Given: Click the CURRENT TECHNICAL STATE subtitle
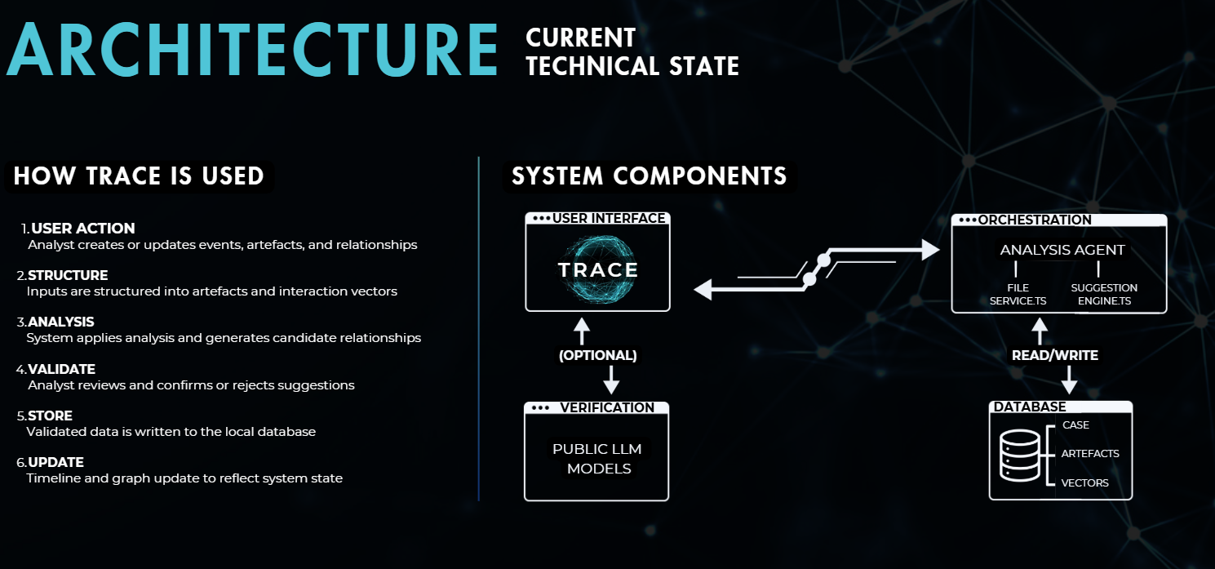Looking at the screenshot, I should (632, 51).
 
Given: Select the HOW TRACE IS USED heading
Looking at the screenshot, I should (139, 176).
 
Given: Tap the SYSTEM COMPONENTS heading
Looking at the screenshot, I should (649, 176).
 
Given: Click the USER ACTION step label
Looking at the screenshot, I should (82, 229).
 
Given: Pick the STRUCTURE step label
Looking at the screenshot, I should (68, 275).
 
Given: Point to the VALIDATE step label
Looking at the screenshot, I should (62, 369).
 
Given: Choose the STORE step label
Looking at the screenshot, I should (51, 416).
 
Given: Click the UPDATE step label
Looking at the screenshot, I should (56, 462).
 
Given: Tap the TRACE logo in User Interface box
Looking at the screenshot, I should (597, 269).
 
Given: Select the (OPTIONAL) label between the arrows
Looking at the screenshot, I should (597, 356).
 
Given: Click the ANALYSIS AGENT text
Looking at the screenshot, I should (1062, 250).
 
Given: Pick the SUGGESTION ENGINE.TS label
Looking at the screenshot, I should (1103, 295).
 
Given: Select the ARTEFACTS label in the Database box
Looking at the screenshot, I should (1090, 453).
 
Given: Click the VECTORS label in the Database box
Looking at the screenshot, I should (1084, 482).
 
